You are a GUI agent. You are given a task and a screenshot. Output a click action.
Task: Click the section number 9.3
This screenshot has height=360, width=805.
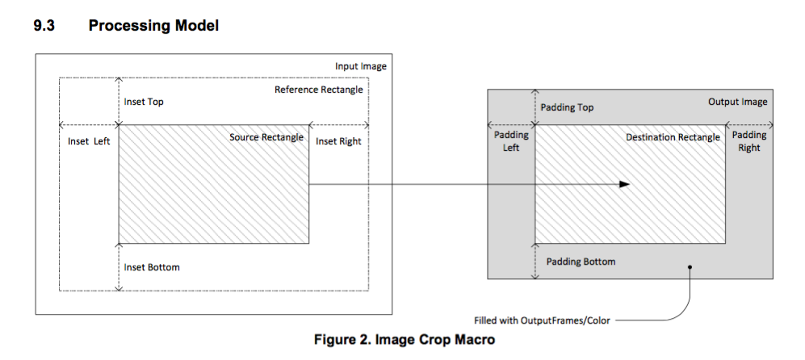click(x=45, y=26)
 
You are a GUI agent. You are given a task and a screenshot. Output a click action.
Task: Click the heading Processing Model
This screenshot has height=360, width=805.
click(x=153, y=26)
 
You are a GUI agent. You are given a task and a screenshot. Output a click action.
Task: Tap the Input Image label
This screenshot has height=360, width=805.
click(x=360, y=65)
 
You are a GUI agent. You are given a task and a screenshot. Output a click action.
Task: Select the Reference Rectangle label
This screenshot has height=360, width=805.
click(x=318, y=90)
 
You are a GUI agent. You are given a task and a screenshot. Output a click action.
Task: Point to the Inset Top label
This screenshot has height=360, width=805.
click(x=144, y=103)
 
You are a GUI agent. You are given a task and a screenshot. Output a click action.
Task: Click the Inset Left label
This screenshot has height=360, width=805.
click(x=89, y=141)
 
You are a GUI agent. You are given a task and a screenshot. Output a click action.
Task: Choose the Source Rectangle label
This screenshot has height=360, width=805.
click(x=266, y=137)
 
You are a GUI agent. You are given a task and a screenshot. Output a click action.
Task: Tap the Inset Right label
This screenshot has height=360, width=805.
click(x=338, y=141)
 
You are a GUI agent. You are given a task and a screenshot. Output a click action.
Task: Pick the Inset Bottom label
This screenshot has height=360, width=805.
click(x=152, y=267)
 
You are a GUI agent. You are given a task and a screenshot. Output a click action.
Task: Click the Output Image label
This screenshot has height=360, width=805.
click(x=737, y=103)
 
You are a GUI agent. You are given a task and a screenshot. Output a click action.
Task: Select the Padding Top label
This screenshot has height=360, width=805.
click(x=567, y=107)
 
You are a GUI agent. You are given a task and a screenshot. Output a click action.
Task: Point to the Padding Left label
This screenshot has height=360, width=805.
click(x=511, y=142)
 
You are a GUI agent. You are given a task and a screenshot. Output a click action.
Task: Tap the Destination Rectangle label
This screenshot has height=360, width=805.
click(x=673, y=138)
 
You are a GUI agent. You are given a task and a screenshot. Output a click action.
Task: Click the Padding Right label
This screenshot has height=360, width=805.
click(x=749, y=141)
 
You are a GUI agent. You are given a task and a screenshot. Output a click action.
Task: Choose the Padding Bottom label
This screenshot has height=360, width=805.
click(x=581, y=262)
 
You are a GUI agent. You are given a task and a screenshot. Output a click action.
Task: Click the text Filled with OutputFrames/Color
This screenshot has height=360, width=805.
click(x=543, y=320)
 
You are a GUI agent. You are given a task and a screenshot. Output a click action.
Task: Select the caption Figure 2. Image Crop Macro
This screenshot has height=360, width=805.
click(x=404, y=340)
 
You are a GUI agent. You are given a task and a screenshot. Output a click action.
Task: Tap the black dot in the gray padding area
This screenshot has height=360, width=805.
click(x=690, y=266)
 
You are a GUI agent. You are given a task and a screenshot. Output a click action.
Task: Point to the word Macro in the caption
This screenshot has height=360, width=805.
click(x=472, y=340)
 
